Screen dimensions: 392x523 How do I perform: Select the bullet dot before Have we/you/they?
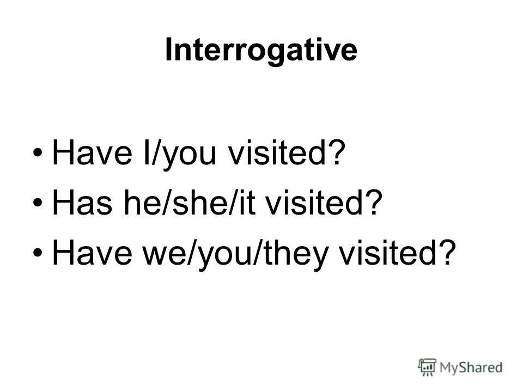39,252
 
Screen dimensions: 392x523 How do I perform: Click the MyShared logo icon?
428,366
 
